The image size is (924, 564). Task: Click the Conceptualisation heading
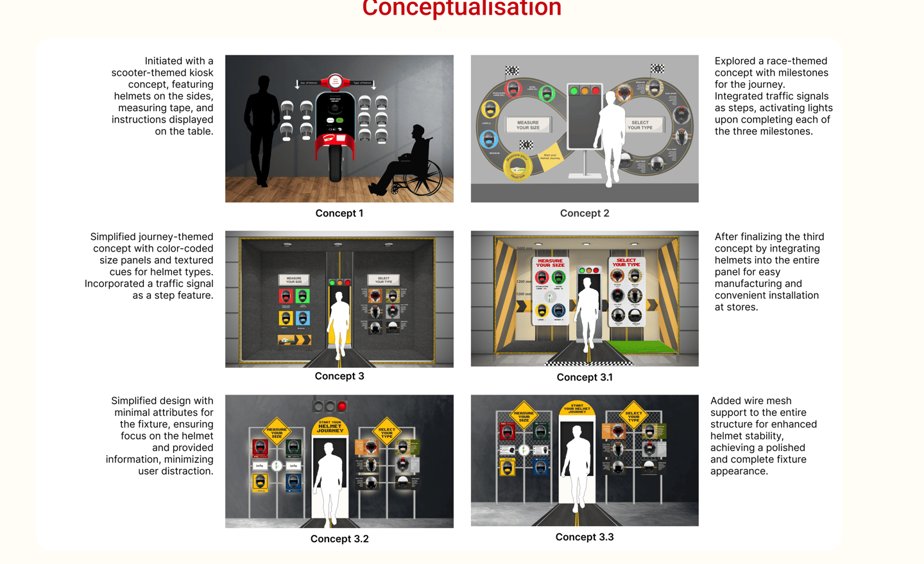click(x=461, y=8)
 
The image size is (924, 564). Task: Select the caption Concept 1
click(x=339, y=213)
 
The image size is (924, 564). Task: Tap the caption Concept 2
click(x=584, y=213)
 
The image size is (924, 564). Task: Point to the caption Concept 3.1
click(x=584, y=377)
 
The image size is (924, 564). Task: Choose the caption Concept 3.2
click(x=339, y=539)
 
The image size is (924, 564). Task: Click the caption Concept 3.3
click(x=584, y=537)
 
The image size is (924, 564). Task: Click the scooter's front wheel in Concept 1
click(x=335, y=164)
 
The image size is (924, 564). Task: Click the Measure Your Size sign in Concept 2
click(x=527, y=124)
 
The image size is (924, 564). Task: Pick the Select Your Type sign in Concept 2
click(x=640, y=124)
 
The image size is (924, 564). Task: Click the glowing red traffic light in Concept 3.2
click(x=342, y=406)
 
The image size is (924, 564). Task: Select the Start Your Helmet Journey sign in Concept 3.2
click(x=330, y=427)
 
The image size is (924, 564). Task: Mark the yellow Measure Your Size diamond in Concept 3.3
click(x=524, y=416)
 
